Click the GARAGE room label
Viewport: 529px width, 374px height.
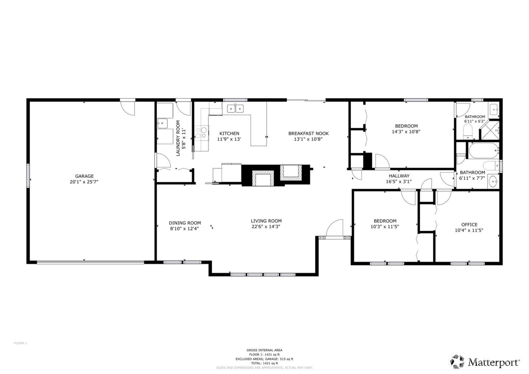tap(84, 176)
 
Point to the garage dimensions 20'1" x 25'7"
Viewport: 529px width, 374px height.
tap(84, 182)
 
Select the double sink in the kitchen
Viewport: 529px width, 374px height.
tap(235, 109)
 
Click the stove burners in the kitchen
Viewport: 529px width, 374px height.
tap(201, 132)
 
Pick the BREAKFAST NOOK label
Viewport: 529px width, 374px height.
tap(308, 133)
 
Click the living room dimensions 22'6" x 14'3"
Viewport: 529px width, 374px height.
tap(266, 227)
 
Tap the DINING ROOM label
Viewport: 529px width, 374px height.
tap(185, 223)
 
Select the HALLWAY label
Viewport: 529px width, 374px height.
tap(399, 176)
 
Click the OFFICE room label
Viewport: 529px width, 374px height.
tap(469, 225)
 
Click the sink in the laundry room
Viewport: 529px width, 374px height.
tap(162, 123)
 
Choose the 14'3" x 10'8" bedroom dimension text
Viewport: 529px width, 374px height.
tap(406, 132)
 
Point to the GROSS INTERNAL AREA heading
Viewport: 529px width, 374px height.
tap(264, 350)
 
